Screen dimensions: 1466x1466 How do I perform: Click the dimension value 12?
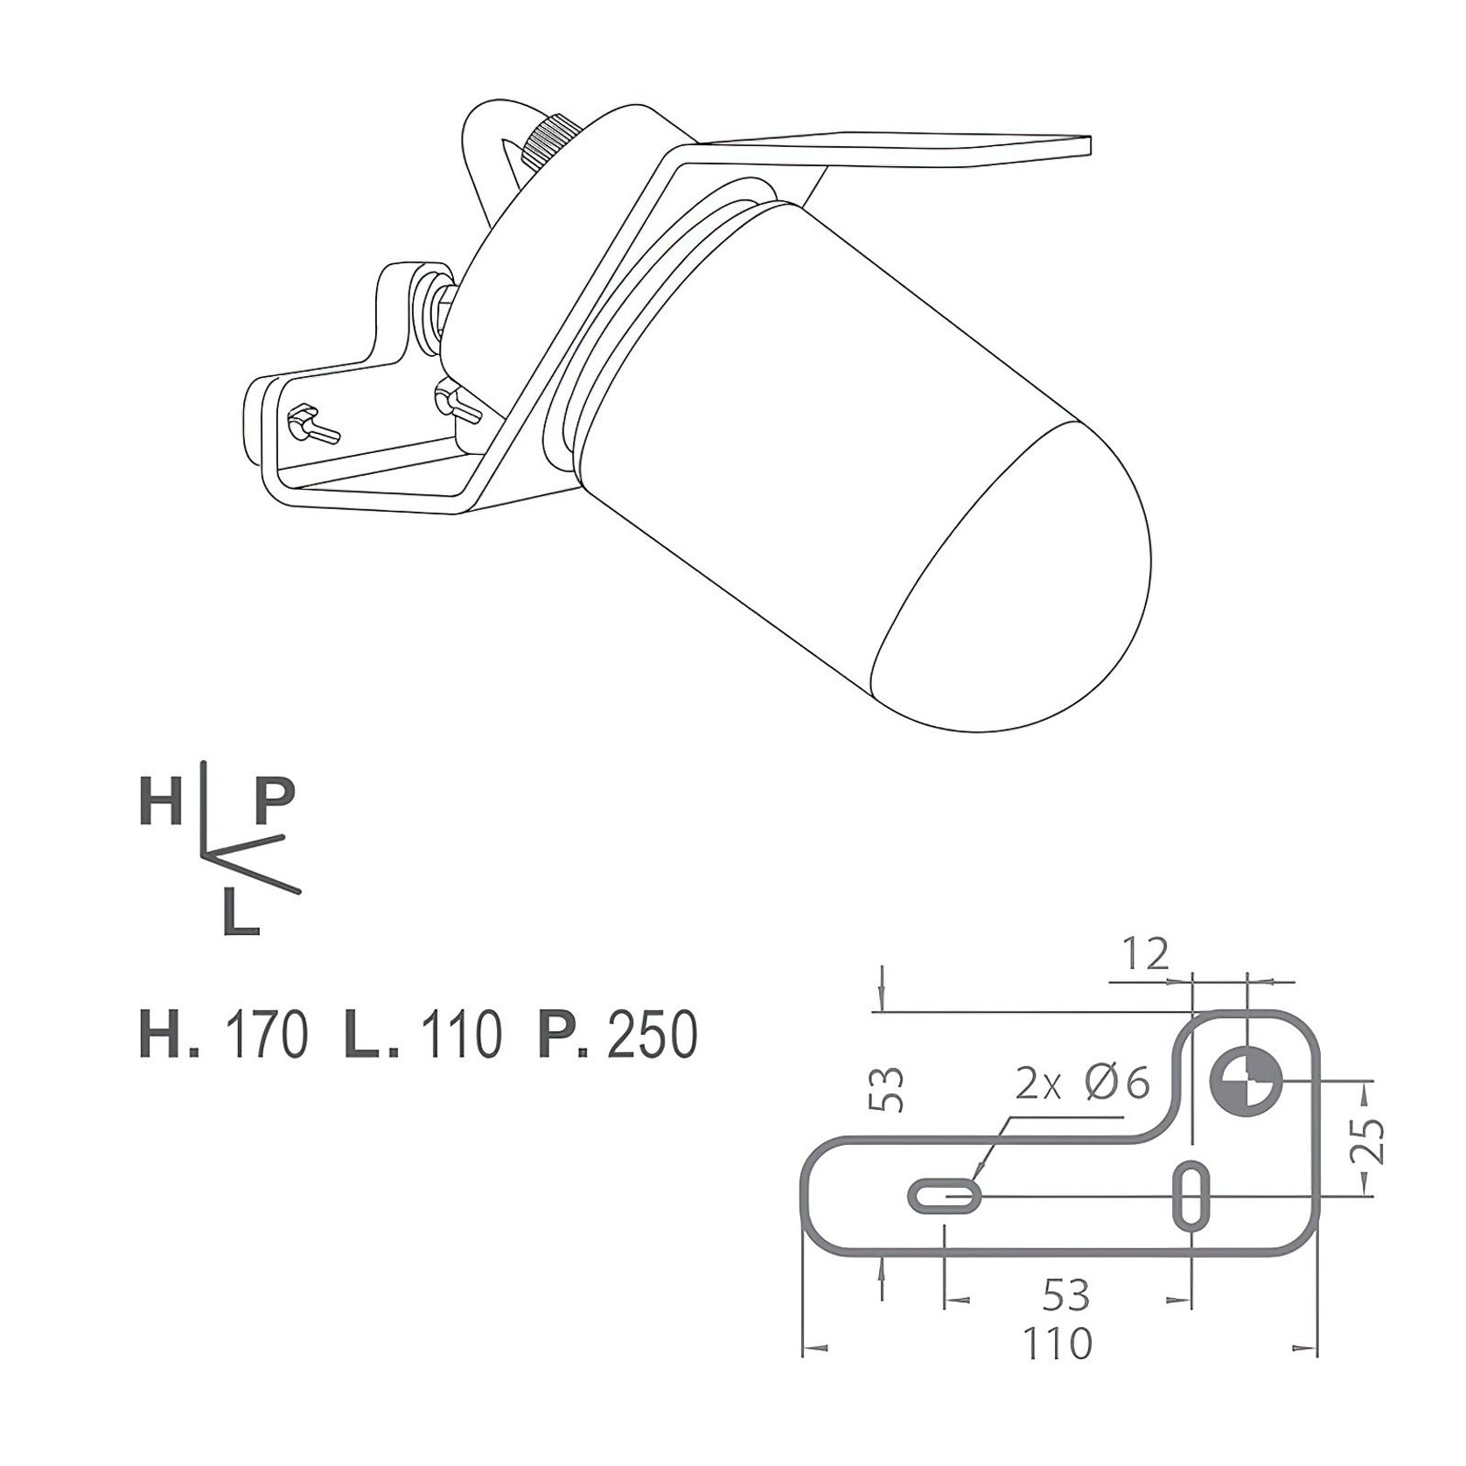click(1146, 954)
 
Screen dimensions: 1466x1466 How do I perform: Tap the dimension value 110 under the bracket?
click(1058, 1344)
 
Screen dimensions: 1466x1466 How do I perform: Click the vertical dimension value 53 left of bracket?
click(890, 1087)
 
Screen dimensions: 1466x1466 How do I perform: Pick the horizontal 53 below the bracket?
click(1066, 1295)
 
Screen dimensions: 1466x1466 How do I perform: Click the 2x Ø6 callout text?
click(1081, 1085)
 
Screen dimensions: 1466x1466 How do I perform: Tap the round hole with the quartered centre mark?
click(1246, 1081)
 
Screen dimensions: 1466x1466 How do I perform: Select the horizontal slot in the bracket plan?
click(945, 1196)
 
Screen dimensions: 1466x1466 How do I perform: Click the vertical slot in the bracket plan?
click(1190, 1195)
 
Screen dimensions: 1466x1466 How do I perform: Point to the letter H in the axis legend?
click(160, 802)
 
